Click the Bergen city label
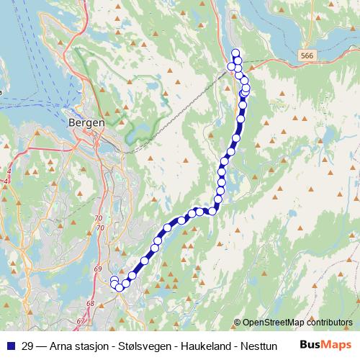point(86,122)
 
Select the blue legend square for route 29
point(11,346)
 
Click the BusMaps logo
point(325,345)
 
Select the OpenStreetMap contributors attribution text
point(297,323)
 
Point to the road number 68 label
point(91,303)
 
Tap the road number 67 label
point(80,321)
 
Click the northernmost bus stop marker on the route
point(235,53)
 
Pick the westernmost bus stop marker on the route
point(114,280)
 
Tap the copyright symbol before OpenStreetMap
point(238,323)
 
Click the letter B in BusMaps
point(305,345)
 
